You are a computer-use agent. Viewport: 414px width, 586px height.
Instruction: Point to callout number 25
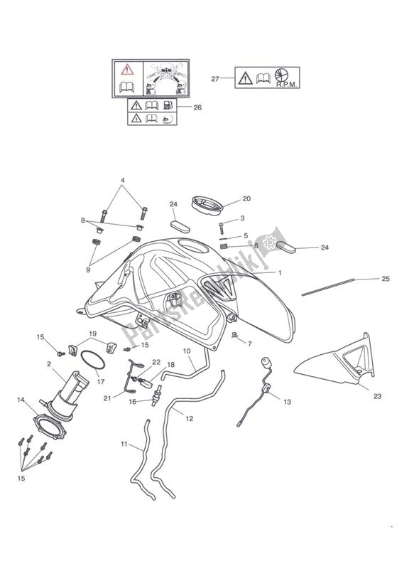pos(386,278)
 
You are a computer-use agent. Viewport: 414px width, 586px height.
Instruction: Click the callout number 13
pos(287,403)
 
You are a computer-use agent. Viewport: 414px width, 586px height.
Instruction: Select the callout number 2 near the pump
pos(49,365)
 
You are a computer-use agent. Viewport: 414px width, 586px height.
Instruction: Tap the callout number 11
pos(124,444)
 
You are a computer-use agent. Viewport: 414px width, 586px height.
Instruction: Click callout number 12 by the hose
pos(190,418)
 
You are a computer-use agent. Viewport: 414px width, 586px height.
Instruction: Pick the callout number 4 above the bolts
pos(123,181)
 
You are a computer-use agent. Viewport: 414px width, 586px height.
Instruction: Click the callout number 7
pos(250,344)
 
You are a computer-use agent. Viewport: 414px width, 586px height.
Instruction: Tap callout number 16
pos(132,402)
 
